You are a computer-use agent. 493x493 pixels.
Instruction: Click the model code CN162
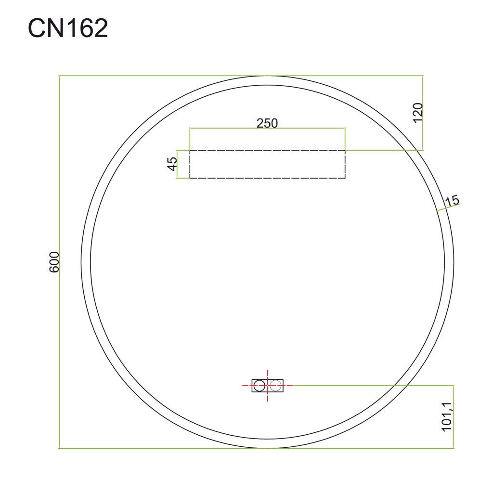click(x=68, y=28)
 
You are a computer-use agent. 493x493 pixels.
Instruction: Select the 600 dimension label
click(x=54, y=262)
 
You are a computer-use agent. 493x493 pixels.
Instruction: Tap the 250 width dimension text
click(x=267, y=123)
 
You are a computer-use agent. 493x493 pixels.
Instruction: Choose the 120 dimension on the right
click(x=418, y=113)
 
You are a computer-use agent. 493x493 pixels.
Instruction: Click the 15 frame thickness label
click(x=452, y=201)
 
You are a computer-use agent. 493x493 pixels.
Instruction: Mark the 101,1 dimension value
click(x=446, y=416)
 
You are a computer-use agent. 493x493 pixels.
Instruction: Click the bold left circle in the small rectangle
click(x=259, y=386)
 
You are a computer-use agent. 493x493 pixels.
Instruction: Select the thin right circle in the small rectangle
click(x=275, y=386)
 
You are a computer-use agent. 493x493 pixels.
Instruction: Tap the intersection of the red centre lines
click(x=267, y=386)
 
